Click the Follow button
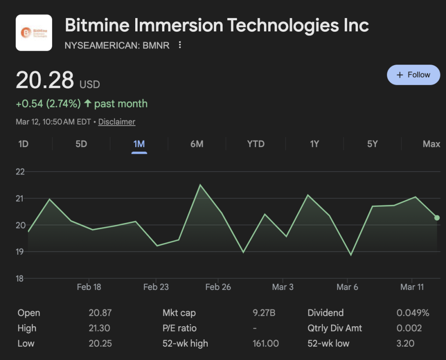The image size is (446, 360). click(413, 75)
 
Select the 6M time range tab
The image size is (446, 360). click(197, 144)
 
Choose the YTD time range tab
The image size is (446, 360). click(256, 144)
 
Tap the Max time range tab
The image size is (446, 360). click(431, 144)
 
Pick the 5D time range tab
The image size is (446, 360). click(81, 144)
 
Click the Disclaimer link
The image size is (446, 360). click(117, 122)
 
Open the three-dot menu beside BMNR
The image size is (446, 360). click(180, 45)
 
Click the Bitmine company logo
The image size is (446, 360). click(34, 33)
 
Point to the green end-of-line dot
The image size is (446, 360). click(437, 218)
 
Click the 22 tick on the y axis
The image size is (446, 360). click(20, 172)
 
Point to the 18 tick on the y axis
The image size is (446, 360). click(20, 278)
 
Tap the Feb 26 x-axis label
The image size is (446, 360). click(218, 287)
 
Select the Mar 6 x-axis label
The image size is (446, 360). click(347, 287)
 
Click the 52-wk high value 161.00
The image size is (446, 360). click(265, 343)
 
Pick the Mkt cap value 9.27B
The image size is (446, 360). click(264, 313)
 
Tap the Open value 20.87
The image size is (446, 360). click(100, 313)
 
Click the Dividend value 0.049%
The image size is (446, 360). click(413, 313)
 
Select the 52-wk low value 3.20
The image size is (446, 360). click(405, 343)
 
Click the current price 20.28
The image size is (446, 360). click(45, 80)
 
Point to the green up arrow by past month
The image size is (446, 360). click(87, 103)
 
